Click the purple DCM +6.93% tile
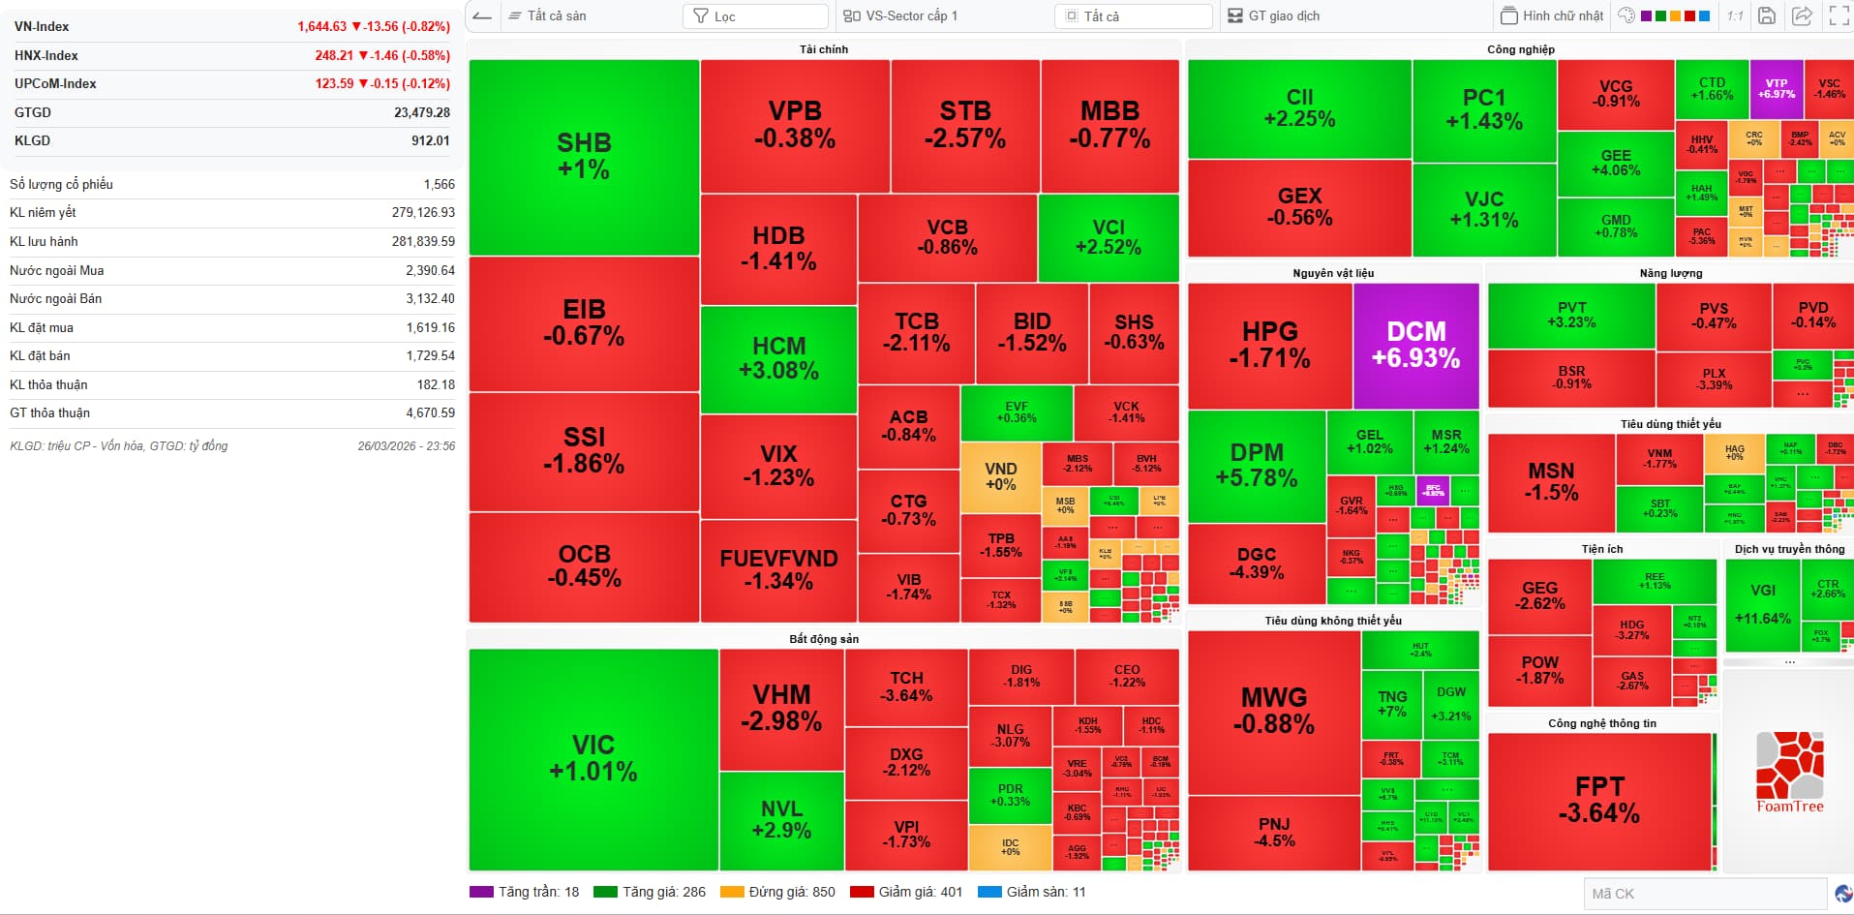1415,345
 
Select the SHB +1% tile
584,157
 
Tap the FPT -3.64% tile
1598,800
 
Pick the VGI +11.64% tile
1762,604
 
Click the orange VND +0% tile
1000,476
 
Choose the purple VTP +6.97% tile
1776,89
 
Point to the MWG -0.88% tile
1273,711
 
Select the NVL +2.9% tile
780,819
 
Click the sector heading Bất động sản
824,639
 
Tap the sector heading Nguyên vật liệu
1333,273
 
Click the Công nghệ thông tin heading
1601,723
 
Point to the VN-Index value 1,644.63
321,27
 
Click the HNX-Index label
46,56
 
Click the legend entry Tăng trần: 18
525,892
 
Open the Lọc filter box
755,16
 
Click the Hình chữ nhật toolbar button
1551,15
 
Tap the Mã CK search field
1704,894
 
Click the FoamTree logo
1790,773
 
